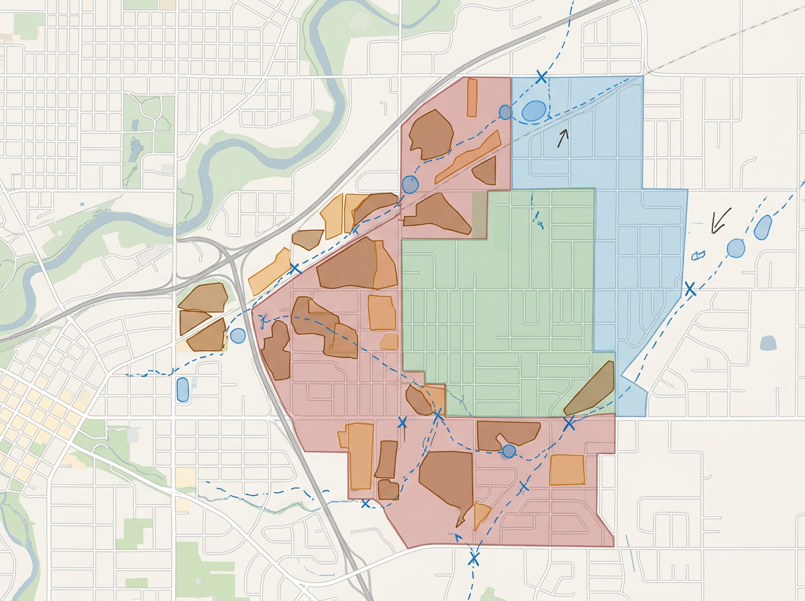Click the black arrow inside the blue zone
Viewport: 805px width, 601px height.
point(563,138)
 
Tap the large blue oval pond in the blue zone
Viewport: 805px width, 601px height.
point(534,111)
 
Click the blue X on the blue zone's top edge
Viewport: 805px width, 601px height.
point(541,76)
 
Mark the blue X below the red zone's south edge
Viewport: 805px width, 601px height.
point(474,557)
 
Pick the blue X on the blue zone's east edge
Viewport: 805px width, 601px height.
point(690,289)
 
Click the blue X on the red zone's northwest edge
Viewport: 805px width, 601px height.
point(294,269)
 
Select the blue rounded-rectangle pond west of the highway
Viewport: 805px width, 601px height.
point(182,389)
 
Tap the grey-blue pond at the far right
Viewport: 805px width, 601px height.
point(768,343)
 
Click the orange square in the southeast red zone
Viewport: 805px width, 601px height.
point(567,470)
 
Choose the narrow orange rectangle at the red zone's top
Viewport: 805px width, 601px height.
point(472,97)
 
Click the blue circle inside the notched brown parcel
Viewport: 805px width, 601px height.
point(508,451)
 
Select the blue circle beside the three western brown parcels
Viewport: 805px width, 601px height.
point(237,335)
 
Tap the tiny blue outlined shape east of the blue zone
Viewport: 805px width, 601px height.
point(698,255)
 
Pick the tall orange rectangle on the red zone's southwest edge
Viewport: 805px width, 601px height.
point(360,455)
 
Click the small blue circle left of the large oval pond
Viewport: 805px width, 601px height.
point(505,112)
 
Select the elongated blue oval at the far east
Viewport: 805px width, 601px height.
point(762,227)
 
